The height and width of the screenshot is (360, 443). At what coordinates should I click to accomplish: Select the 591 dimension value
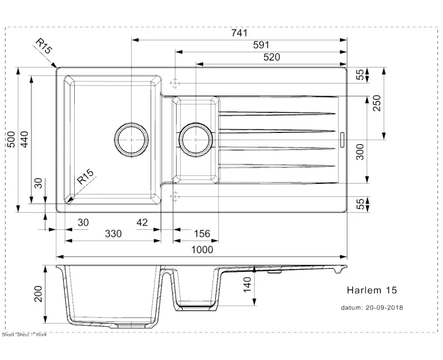[261, 45]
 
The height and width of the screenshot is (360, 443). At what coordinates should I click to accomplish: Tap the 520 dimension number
[271, 57]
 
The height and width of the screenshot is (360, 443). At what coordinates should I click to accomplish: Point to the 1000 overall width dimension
[202, 250]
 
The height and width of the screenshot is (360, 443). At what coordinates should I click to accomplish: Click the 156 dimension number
[202, 234]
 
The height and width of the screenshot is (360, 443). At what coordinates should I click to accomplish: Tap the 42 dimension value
[142, 222]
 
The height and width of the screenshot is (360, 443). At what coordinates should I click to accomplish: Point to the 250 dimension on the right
[377, 103]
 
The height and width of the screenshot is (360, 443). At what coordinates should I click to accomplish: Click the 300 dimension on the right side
[360, 152]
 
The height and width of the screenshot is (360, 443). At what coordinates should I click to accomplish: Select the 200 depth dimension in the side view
[39, 294]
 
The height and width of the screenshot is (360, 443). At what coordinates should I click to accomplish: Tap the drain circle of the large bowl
[131, 140]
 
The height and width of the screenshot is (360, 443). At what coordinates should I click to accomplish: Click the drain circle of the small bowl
[195, 140]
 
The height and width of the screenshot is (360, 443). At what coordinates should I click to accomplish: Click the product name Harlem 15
[372, 290]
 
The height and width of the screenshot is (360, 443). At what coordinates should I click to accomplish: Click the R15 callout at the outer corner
[43, 47]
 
